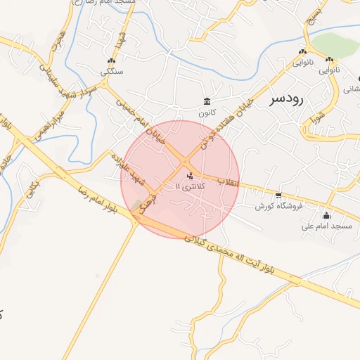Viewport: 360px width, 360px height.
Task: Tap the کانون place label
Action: (205, 112)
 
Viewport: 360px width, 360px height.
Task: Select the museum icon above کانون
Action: (207, 102)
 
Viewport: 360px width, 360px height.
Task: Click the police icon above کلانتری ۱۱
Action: (190, 176)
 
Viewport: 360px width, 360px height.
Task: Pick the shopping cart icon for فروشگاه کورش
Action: (279, 195)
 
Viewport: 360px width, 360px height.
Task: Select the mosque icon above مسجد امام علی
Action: (326, 215)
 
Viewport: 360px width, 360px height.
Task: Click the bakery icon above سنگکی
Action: (111, 61)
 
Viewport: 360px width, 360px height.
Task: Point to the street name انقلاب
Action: (231, 182)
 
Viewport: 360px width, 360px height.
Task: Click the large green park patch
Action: (336, 46)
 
